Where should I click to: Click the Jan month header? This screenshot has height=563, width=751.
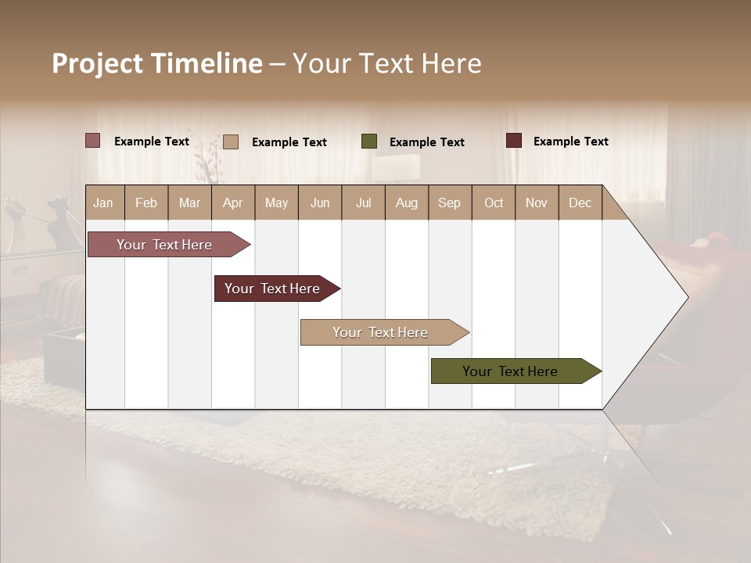click(x=103, y=203)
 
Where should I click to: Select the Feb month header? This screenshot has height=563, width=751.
click(x=146, y=203)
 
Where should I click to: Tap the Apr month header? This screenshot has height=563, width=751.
click(x=232, y=203)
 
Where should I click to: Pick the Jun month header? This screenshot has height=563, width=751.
click(x=320, y=203)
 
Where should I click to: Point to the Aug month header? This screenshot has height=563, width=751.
click(x=406, y=203)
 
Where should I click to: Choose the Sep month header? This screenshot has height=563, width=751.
click(x=449, y=203)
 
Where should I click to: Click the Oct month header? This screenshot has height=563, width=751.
click(x=494, y=203)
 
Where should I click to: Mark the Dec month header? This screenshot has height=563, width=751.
click(x=580, y=203)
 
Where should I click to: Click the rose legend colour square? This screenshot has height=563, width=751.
click(x=93, y=141)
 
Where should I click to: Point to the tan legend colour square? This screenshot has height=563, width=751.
click(x=231, y=142)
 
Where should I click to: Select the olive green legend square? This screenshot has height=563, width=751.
click(x=369, y=142)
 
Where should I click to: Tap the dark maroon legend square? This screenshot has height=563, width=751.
click(x=514, y=141)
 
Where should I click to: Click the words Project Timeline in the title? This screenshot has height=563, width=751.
click(x=156, y=63)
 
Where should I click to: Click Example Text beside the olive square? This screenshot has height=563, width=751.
click(x=426, y=142)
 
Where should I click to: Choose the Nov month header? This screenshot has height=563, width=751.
click(x=536, y=203)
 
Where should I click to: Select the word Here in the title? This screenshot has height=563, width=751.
click(x=451, y=63)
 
